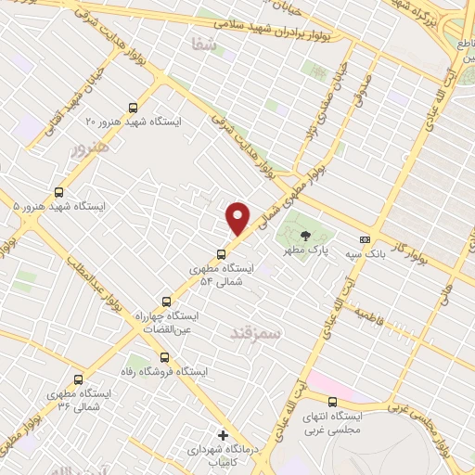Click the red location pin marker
239,218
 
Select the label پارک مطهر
305,250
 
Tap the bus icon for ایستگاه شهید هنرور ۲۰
133,108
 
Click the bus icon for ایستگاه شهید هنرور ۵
59,192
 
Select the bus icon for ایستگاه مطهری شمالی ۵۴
221,253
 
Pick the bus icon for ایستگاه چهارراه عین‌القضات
167,302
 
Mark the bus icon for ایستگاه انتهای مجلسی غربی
332,402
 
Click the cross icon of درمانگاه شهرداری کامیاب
222,434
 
